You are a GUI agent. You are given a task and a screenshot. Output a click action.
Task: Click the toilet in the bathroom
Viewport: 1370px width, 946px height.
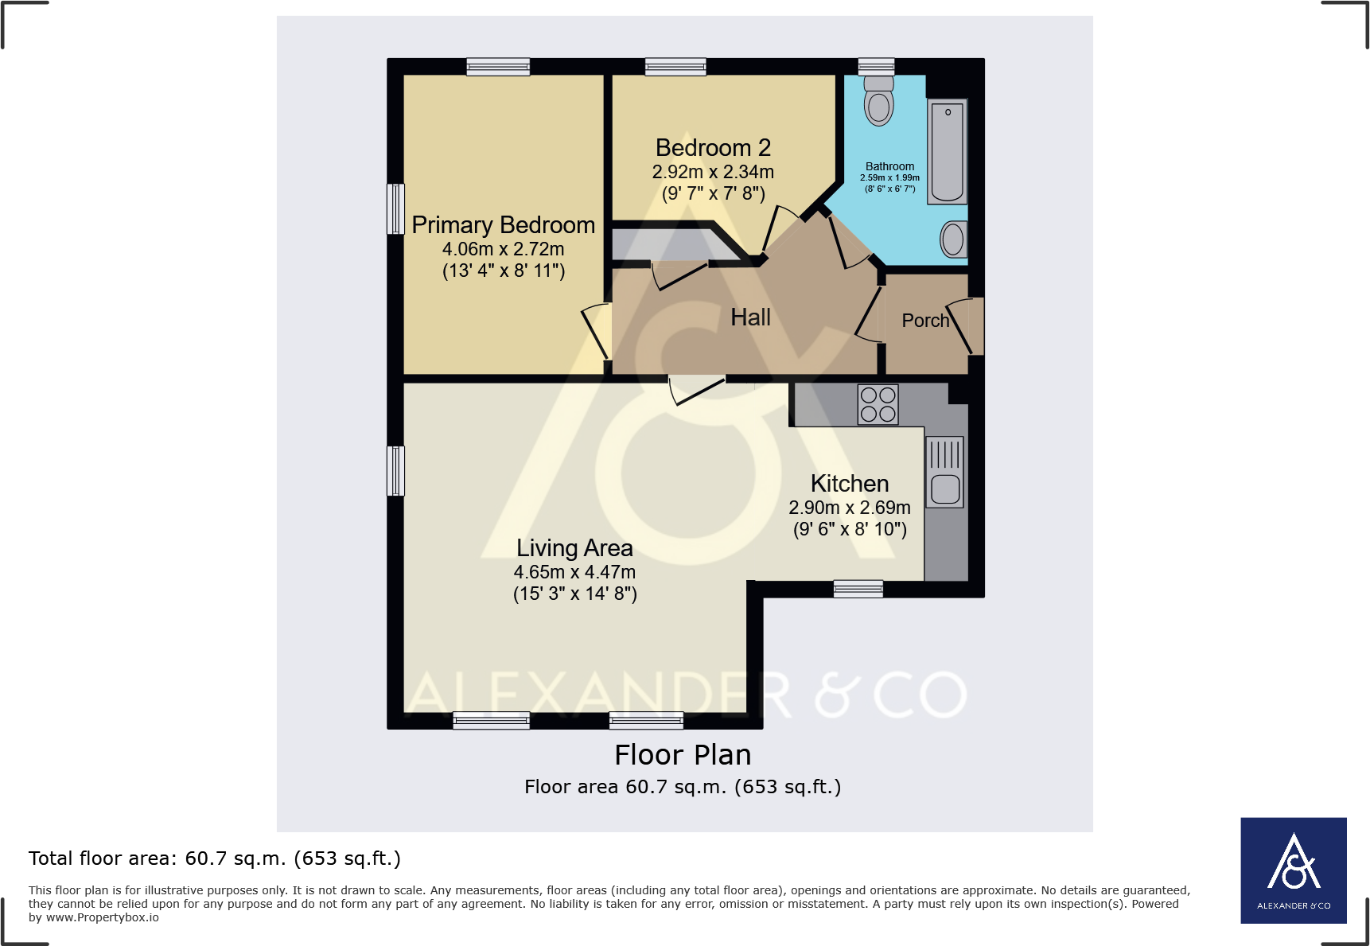[878, 102]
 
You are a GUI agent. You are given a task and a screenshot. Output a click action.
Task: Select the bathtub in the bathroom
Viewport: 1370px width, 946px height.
[947, 152]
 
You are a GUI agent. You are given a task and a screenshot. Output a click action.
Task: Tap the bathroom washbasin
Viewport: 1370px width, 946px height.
[953, 239]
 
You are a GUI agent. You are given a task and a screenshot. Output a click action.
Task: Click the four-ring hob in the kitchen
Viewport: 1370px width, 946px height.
[878, 404]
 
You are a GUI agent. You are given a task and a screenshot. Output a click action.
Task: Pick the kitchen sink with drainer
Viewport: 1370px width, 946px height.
[945, 472]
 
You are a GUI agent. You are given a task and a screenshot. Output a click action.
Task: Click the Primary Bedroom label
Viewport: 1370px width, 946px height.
[503, 225]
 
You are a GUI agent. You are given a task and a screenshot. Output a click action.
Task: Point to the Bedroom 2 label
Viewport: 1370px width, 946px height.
[713, 148]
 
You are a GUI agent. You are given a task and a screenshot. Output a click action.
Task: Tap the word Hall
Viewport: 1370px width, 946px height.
[750, 317]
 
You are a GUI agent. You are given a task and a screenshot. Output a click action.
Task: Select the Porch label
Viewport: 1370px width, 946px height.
[925, 321]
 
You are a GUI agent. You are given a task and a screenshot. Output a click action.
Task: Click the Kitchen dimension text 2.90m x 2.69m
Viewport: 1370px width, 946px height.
[849, 508]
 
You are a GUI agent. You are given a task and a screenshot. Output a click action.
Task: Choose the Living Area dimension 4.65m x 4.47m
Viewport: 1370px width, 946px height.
[574, 572]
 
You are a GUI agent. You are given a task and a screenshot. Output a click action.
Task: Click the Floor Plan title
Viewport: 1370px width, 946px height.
[683, 754]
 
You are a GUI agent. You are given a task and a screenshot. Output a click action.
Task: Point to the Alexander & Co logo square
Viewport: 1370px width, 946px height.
[1293, 870]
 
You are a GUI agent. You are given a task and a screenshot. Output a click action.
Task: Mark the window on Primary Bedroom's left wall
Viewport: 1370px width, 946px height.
[395, 209]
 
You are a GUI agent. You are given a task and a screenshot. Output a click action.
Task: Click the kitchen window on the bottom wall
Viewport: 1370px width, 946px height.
[858, 589]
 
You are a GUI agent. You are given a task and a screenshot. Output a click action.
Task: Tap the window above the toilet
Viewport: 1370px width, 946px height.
[876, 67]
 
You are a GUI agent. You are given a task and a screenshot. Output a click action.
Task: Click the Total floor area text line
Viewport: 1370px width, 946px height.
[215, 858]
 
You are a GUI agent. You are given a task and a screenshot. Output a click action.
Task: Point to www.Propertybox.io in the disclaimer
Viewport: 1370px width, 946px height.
[102, 917]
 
